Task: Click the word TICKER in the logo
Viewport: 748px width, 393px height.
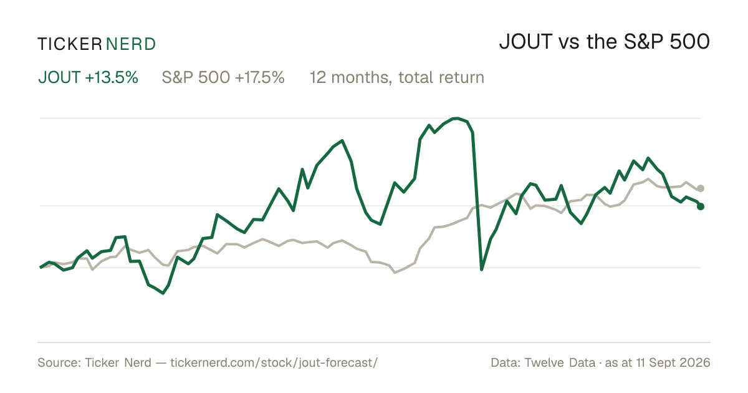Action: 70,44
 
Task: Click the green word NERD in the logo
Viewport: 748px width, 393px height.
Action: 130,44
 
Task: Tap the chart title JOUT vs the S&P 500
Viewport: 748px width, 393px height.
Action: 605,42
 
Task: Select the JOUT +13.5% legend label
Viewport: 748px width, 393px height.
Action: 88,77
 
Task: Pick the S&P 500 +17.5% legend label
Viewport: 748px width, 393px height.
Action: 223,77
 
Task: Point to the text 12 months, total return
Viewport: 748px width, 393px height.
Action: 397,77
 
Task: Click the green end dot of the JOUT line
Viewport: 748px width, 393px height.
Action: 701,206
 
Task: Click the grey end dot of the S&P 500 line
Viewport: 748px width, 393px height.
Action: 701,188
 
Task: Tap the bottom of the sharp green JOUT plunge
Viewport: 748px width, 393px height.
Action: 481,269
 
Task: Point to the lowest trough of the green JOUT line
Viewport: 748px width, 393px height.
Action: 163,293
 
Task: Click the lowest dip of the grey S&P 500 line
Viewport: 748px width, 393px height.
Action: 395,273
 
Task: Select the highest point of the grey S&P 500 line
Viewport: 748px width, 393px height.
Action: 648,179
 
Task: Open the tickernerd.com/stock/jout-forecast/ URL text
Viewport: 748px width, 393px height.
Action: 274,362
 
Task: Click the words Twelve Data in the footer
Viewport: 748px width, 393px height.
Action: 560,362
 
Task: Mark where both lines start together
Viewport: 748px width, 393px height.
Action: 41,268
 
